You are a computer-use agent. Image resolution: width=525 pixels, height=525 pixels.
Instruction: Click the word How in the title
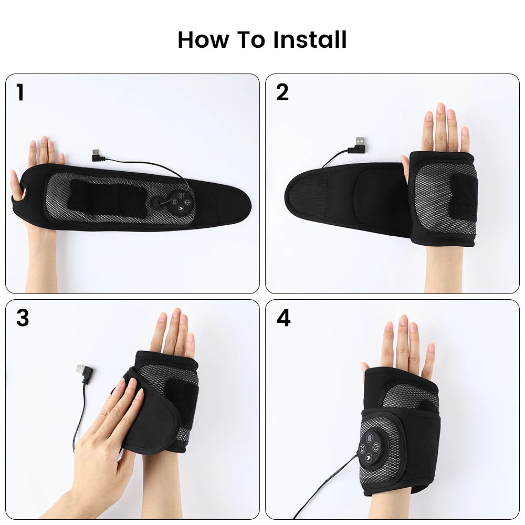coord(203,39)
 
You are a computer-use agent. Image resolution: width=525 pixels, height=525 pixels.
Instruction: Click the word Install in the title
coord(310,39)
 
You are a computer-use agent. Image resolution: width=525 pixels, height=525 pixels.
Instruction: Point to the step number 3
coord(23,318)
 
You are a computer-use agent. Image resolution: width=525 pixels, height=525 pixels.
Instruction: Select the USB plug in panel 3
coord(84,372)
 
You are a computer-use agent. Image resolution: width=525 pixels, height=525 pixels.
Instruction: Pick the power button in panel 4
coord(376,446)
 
